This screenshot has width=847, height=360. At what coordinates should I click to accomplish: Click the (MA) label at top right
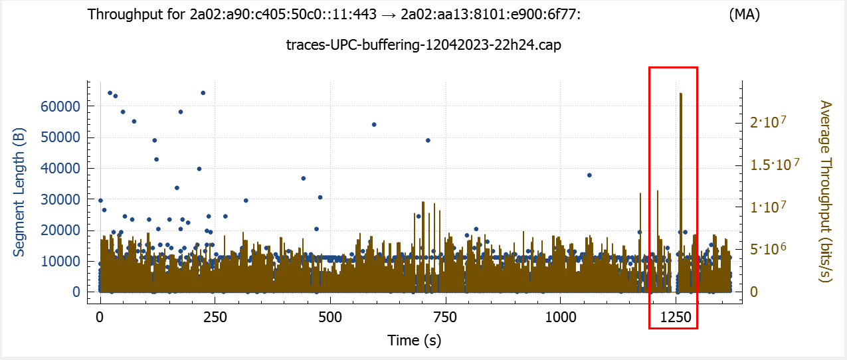point(744,15)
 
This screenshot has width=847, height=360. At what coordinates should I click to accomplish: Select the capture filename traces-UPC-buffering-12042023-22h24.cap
point(423,45)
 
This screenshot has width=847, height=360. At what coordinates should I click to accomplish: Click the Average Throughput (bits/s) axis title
point(826,191)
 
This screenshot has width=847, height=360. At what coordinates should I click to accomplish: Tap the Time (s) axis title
point(414,341)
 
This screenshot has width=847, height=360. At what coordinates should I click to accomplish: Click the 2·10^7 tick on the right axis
point(769,122)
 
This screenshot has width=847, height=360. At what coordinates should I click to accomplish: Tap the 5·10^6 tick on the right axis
point(769,249)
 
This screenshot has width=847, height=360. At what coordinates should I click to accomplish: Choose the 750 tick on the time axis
point(445,316)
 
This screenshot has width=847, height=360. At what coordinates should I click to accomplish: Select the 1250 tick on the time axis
point(676,316)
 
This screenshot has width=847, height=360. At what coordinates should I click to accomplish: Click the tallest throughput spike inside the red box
point(681,94)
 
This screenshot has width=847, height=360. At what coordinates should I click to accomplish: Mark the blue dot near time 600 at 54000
point(374,125)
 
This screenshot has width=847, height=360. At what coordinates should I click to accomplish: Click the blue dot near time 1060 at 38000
point(589,175)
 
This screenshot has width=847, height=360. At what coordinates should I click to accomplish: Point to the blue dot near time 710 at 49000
point(428,140)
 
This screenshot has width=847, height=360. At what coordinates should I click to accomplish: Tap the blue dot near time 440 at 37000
point(303,178)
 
